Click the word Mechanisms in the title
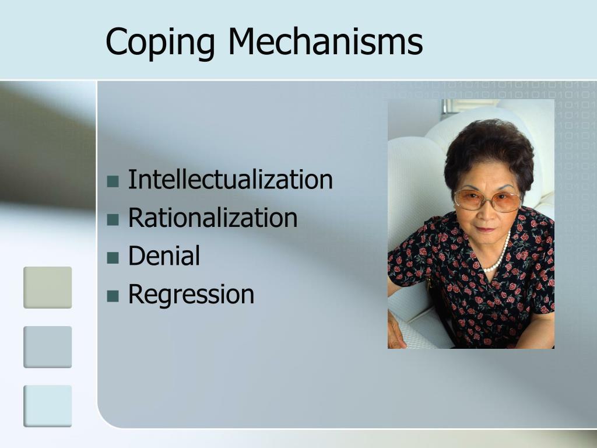coord(325,41)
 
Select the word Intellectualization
coord(230,180)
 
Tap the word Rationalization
coord(213,218)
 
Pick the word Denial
coord(164,256)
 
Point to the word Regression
coord(191,295)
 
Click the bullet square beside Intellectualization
coord(113,181)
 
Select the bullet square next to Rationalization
coord(113,219)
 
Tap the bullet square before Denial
coord(113,257)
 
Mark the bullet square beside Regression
coord(113,296)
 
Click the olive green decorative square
coord(48,287)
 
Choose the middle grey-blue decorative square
coord(48,346)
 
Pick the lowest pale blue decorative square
coord(48,405)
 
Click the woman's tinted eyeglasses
coord(487,201)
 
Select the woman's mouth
coord(486,229)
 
